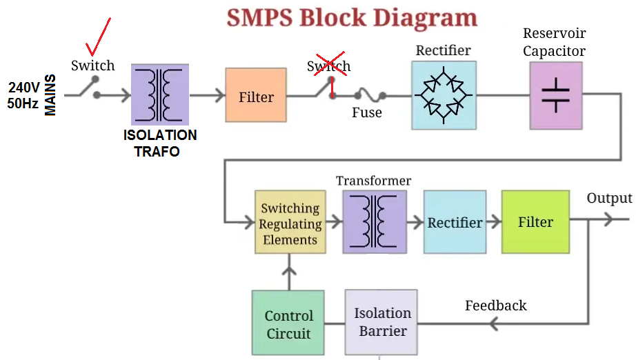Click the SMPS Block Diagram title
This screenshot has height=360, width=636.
(352, 17)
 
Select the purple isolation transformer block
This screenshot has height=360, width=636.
(160, 95)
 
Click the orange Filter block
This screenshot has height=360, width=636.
(256, 96)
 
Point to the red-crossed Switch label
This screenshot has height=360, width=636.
(329, 66)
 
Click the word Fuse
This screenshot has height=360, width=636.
(366, 112)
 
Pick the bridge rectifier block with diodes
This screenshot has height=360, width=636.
(444, 95)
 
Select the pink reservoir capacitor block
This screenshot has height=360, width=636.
(555, 95)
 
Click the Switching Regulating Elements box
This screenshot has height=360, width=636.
(290, 221)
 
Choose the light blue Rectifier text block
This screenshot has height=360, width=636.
(455, 221)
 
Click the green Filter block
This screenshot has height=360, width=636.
(535, 221)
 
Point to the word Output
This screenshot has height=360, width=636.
(609, 199)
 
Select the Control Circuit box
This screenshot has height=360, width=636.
(288, 323)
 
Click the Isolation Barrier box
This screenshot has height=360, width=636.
(382, 322)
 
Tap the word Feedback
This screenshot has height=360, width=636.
(495, 306)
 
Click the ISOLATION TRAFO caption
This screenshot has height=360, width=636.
(160, 143)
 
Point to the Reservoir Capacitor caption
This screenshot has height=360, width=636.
(554, 42)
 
